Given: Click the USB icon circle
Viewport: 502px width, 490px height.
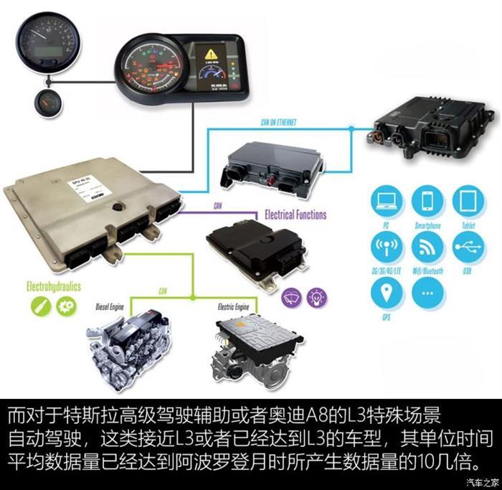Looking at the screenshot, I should [468, 248].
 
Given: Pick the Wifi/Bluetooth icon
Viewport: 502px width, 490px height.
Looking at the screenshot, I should [427, 248].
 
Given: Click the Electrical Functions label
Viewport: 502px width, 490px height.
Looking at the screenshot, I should [295, 215].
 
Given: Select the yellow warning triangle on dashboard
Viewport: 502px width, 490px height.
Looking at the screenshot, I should [212, 54].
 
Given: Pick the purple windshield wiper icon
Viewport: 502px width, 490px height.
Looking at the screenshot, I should [291, 295].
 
